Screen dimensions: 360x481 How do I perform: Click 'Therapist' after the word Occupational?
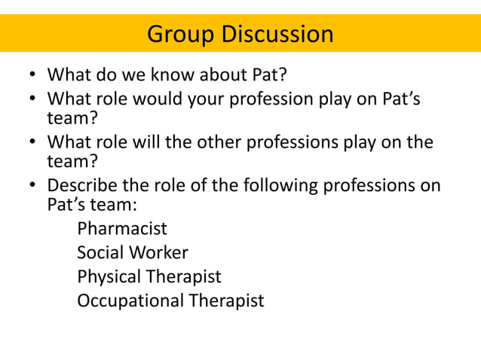[226, 301]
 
